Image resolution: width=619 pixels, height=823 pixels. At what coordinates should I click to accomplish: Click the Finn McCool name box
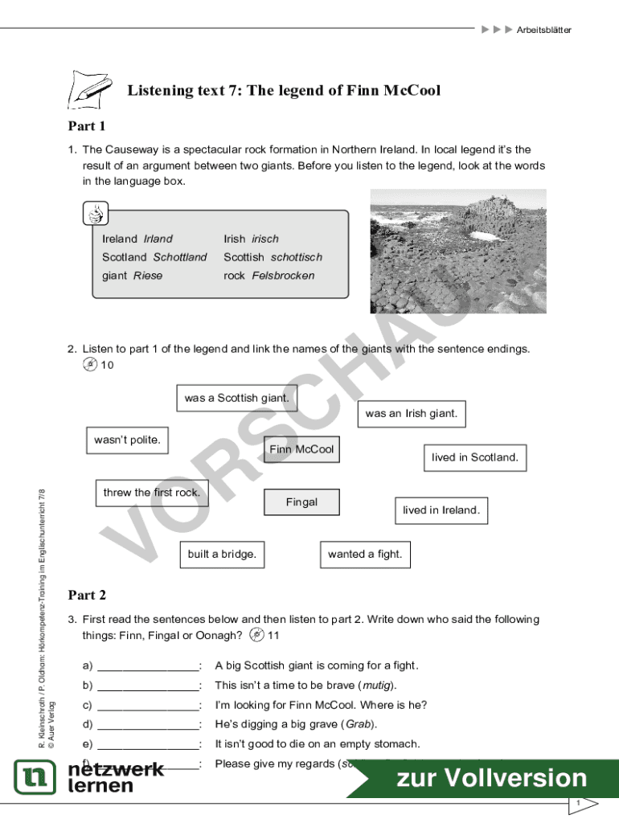[301, 449]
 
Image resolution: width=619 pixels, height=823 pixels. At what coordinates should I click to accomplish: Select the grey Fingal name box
[301, 502]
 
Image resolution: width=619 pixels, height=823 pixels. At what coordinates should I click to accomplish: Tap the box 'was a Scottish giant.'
[236, 398]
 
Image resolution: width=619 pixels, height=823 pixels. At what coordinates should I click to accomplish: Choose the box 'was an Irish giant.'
[411, 414]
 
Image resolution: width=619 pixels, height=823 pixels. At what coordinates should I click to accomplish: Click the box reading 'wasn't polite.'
[127, 440]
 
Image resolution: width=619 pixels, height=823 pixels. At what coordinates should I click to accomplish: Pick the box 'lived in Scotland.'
[475, 457]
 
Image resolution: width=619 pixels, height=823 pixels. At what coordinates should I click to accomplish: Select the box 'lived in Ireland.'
[441, 510]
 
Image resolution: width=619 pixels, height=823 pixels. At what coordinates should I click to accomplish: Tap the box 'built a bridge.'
[222, 554]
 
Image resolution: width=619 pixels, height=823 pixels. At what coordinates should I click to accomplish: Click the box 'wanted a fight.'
[365, 554]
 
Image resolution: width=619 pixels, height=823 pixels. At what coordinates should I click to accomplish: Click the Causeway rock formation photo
[457, 251]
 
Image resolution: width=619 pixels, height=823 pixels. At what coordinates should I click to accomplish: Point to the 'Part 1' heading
[87, 126]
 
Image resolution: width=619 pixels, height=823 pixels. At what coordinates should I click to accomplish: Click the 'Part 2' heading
[87, 596]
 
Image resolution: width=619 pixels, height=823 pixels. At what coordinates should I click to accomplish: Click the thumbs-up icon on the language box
[96, 215]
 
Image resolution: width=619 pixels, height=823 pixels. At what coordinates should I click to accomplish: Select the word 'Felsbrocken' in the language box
[283, 276]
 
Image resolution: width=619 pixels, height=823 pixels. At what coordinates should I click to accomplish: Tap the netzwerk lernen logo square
[35, 777]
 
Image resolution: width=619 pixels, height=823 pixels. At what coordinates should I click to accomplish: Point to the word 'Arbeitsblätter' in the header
[543, 30]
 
